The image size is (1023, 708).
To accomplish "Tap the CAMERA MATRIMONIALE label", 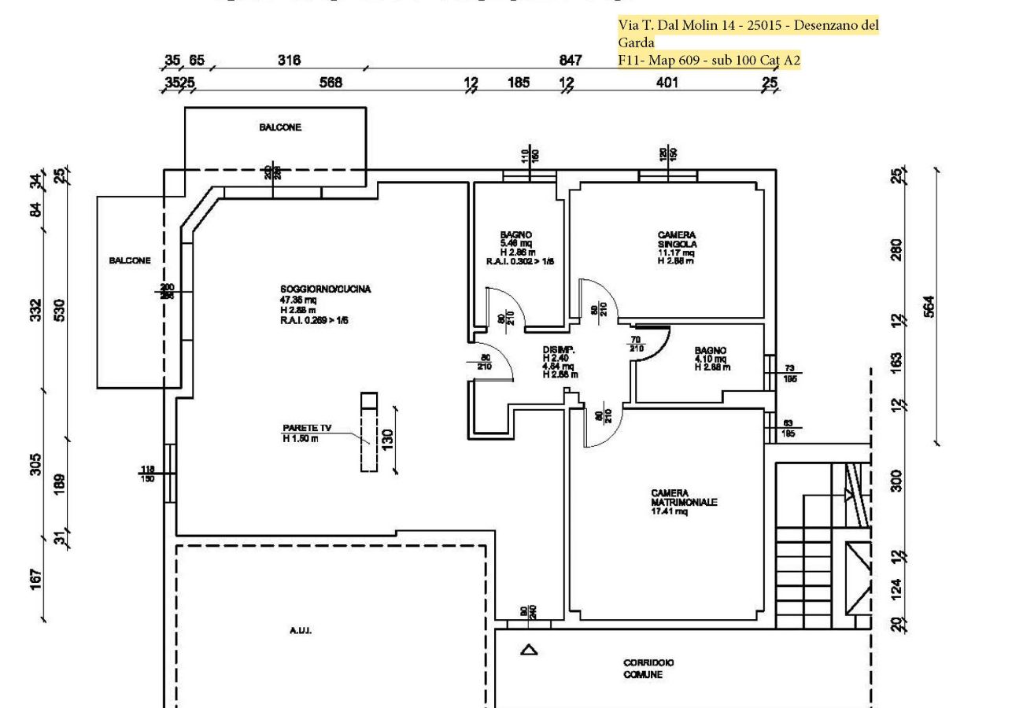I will [683, 498].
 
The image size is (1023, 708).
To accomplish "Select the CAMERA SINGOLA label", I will [677, 239].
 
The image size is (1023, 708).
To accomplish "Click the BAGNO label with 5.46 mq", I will [515, 234].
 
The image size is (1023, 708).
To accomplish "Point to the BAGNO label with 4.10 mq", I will [710, 351].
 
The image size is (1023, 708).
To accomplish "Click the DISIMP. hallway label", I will [559, 350].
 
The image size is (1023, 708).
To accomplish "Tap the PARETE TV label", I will [307, 428].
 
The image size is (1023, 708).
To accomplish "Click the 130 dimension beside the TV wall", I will [388, 439].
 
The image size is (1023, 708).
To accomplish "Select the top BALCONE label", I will [280, 127].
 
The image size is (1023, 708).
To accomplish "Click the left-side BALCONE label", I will [130, 260].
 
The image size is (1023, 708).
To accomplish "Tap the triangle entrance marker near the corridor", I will [529, 650].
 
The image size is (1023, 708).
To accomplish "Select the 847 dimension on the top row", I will [570, 61].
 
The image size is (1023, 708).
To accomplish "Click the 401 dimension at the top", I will [667, 83].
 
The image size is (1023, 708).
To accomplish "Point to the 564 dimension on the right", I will [929, 307].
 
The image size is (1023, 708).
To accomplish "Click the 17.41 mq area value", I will [669, 512].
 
